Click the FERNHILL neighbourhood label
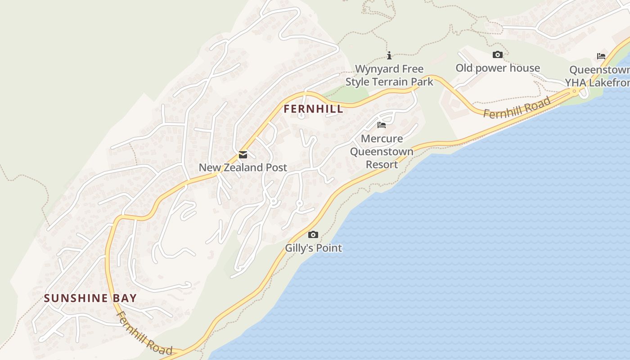(x=313, y=109)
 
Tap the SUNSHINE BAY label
(x=90, y=298)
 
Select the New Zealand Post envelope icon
(x=243, y=155)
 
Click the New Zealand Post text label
(x=243, y=167)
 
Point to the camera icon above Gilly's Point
(x=313, y=234)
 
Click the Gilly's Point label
(x=313, y=248)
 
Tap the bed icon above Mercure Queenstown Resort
(x=382, y=125)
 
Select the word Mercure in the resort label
(x=382, y=138)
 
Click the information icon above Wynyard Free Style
(x=389, y=55)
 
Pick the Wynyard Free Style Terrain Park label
(x=389, y=75)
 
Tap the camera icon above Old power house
(x=497, y=54)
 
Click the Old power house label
(x=498, y=68)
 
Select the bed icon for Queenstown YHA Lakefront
(x=601, y=56)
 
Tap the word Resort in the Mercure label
(x=382, y=164)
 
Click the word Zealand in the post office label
(x=243, y=167)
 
